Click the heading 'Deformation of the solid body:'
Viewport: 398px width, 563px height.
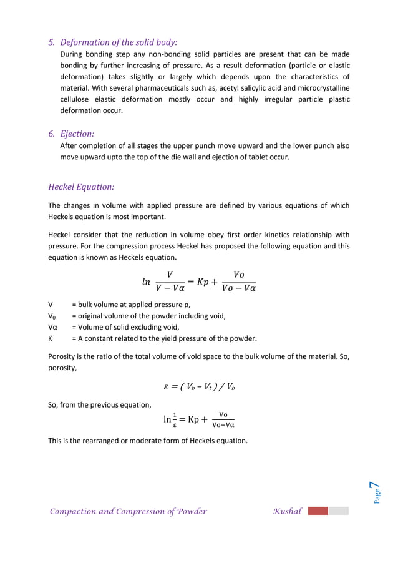pyautogui.click(x=119, y=42)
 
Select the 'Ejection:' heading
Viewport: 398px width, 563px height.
pyautogui.click(x=77, y=134)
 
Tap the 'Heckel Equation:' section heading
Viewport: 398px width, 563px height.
pyautogui.click(x=81, y=187)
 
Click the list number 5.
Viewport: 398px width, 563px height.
pyautogui.click(x=52, y=42)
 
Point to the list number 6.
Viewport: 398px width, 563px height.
pyautogui.click(x=52, y=134)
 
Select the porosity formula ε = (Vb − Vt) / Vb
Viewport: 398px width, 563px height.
pyautogui.click(x=199, y=386)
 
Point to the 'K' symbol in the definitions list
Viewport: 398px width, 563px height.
pyautogui.click(x=51, y=338)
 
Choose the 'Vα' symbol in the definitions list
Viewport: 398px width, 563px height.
pyautogui.click(x=52, y=327)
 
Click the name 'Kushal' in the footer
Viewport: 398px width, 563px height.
pyautogui.click(x=287, y=512)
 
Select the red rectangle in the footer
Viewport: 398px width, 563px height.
pyautogui.click(x=318, y=511)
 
